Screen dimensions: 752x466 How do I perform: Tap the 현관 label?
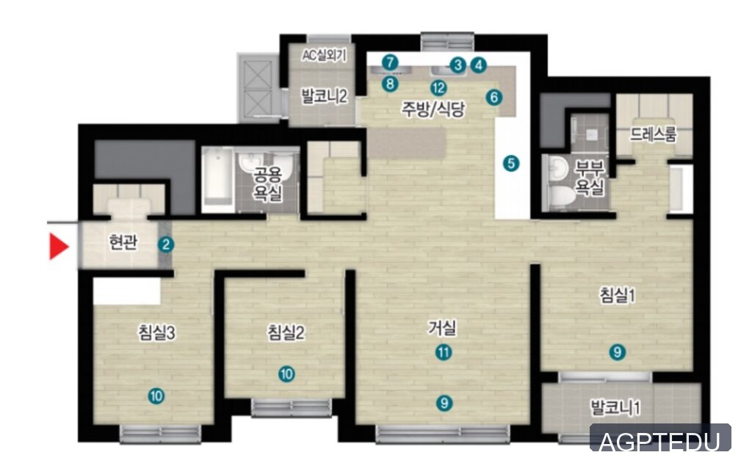[123, 243]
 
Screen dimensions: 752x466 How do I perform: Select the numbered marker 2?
[166, 244]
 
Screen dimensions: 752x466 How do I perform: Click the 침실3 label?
[157, 332]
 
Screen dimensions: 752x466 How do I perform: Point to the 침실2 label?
[286, 332]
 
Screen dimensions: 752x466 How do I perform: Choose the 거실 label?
[442, 328]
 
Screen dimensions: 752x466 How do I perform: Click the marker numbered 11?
[444, 353]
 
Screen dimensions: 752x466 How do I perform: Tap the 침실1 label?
[618, 294]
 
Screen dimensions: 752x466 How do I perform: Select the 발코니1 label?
[616, 408]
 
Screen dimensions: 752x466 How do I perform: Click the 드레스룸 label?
[653, 135]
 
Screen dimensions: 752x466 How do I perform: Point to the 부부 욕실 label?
[590, 178]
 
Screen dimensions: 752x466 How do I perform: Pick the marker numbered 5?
[511, 164]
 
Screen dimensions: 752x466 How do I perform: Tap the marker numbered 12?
[438, 88]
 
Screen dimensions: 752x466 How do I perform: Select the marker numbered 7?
[391, 62]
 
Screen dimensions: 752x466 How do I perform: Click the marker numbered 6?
[494, 98]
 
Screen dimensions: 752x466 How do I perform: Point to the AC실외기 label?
[324, 56]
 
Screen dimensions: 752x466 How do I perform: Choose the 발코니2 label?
[324, 96]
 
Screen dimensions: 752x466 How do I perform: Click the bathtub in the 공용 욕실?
[217, 180]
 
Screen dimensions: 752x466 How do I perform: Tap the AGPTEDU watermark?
[660, 441]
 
